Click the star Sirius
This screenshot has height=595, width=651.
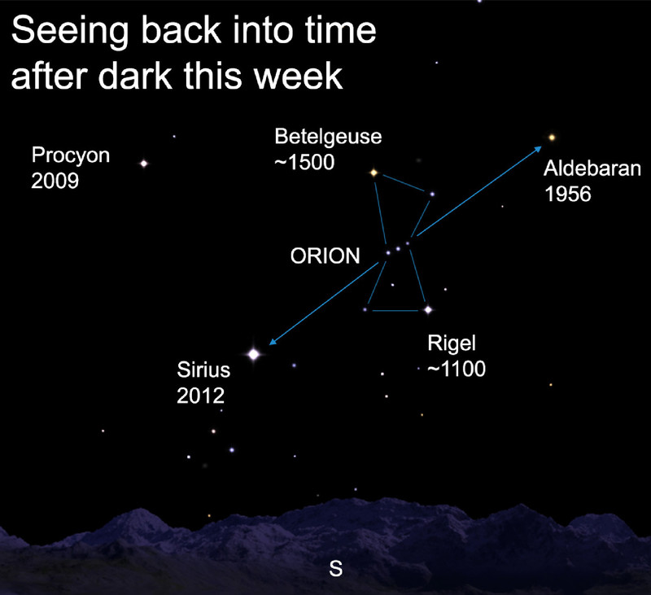tap(253, 354)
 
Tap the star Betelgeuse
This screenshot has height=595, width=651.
tap(374, 173)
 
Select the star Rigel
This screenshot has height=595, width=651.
tap(428, 309)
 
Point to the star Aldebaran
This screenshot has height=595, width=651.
tap(552, 138)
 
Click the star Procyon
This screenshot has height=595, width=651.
tap(144, 164)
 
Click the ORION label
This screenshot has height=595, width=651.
tap(325, 256)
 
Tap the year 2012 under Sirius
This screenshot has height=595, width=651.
tap(200, 396)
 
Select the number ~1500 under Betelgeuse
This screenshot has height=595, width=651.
tap(304, 162)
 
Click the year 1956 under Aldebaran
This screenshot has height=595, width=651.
tap(567, 194)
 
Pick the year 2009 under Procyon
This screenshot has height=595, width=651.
tap(55, 181)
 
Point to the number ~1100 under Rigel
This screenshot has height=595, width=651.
tap(457, 369)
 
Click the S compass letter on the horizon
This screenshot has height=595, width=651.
tap(335, 569)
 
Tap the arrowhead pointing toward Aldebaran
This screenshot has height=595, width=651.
tap(538, 149)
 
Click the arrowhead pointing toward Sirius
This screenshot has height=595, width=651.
tap(273, 341)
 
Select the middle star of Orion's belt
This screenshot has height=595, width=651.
tap(398, 249)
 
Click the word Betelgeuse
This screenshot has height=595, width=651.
tap(328, 137)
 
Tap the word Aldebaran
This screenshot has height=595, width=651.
tap(592, 168)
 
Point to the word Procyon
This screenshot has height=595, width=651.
tap(71, 156)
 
